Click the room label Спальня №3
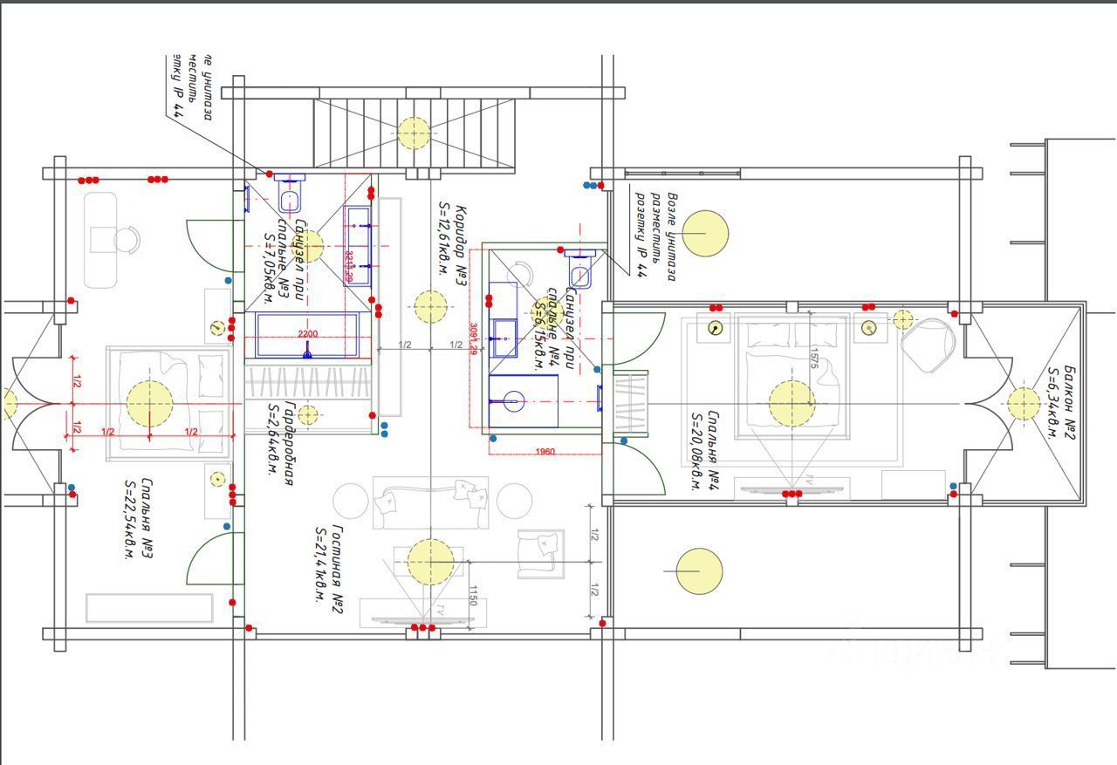(x=138, y=518)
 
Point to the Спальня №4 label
(x=703, y=451)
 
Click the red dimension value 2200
(x=307, y=334)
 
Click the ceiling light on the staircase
(x=414, y=133)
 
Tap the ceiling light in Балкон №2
(x=1023, y=404)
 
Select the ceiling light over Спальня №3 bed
(x=150, y=404)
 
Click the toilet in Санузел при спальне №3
(x=291, y=195)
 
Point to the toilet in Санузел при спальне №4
(x=581, y=270)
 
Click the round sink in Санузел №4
(x=514, y=402)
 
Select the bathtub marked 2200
(x=307, y=336)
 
